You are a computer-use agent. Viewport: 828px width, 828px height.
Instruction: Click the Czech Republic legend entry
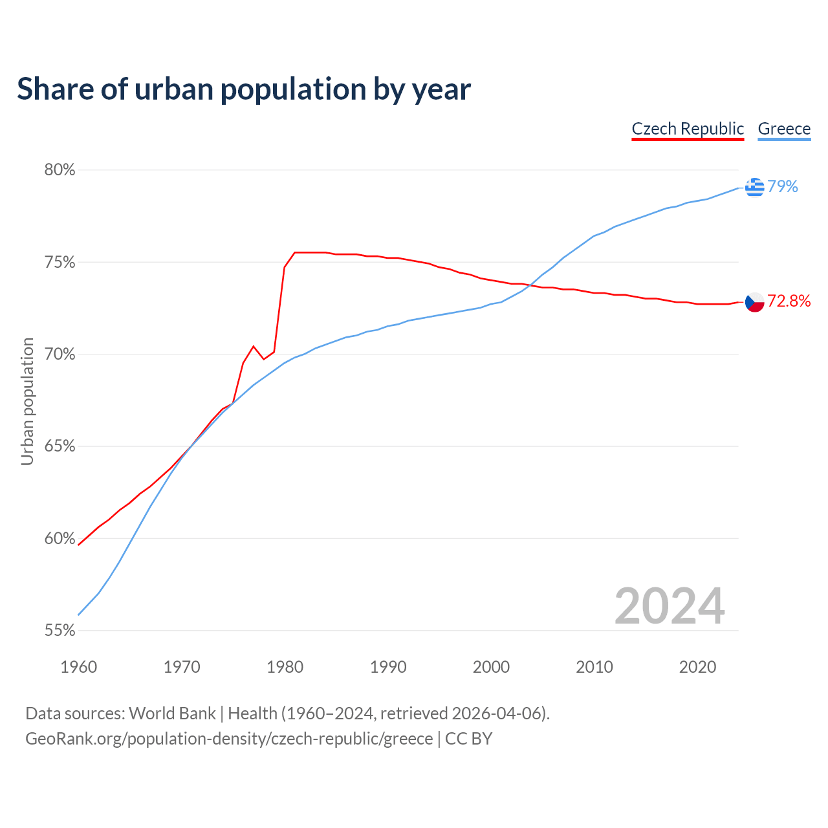pyautogui.click(x=688, y=129)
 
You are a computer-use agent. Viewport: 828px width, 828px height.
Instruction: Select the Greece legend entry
pyautogui.click(x=784, y=129)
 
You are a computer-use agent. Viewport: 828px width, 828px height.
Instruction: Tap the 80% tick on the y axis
pyautogui.click(x=60, y=170)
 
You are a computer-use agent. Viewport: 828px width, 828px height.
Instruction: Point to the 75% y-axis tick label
pyautogui.click(x=60, y=263)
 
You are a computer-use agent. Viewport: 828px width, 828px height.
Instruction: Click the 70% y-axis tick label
pyautogui.click(x=60, y=354)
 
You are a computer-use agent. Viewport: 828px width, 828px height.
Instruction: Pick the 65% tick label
pyautogui.click(x=60, y=446)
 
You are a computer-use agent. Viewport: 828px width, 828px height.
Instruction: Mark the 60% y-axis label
pyautogui.click(x=60, y=539)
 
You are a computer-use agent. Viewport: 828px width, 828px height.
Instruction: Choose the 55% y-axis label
pyautogui.click(x=60, y=631)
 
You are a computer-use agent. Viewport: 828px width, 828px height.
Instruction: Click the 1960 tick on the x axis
pyautogui.click(x=78, y=667)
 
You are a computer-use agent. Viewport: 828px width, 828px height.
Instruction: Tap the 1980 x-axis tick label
pyautogui.click(x=285, y=667)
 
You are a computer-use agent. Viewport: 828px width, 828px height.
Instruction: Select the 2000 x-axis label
pyautogui.click(x=491, y=667)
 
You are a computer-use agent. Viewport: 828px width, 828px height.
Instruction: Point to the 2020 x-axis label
pyautogui.click(x=697, y=667)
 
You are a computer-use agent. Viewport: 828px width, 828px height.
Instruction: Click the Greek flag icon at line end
pyautogui.click(x=754, y=187)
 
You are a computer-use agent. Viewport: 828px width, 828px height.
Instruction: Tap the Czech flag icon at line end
pyautogui.click(x=754, y=301)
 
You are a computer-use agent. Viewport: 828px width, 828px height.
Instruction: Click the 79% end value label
pyautogui.click(x=783, y=187)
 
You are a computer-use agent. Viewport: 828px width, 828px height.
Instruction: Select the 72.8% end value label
pyautogui.click(x=789, y=301)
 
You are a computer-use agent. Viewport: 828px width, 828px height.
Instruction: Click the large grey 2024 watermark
pyautogui.click(x=670, y=606)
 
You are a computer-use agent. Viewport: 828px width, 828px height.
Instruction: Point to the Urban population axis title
pyautogui.click(x=27, y=401)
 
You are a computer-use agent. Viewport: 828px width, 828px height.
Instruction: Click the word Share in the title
pyautogui.click(x=54, y=89)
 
